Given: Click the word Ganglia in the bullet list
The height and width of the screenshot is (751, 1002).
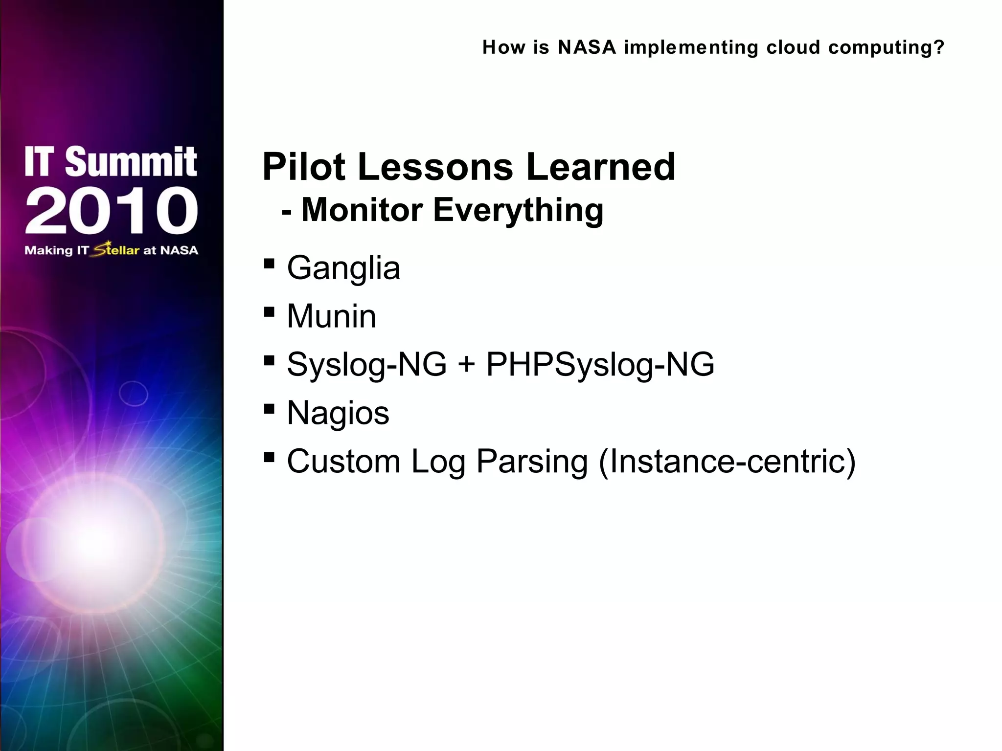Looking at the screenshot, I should click(343, 268).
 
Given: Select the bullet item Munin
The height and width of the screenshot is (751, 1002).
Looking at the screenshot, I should click(331, 316).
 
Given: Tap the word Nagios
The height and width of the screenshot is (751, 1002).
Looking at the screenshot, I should click(338, 413).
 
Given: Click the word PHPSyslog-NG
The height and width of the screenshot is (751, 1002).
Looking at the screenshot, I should click(600, 365).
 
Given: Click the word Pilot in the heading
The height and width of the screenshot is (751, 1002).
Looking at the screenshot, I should click(303, 167).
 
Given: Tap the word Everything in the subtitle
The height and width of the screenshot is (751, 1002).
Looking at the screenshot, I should click(518, 210).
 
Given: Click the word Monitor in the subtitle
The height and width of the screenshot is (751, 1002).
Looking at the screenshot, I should click(362, 210).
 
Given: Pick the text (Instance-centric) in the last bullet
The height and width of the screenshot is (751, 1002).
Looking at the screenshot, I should click(727, 462).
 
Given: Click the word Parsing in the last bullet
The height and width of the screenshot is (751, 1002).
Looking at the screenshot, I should click(532, 463).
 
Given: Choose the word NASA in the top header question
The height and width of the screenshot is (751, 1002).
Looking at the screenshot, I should click(587, 47).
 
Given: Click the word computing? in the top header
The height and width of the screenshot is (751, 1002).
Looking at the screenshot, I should click(886, 48).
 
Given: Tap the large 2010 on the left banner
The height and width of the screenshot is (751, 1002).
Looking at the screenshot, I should click(112, 211).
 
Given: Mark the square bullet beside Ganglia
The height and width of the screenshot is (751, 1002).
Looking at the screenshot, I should click(269, 265).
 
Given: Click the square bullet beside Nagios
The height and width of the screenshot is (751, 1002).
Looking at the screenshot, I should click(269, 409).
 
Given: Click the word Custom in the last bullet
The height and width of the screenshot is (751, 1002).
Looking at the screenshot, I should click(343, 462).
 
